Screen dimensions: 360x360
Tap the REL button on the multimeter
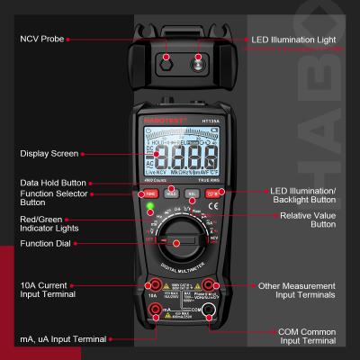pyautogui.click(x=191, y=193)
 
